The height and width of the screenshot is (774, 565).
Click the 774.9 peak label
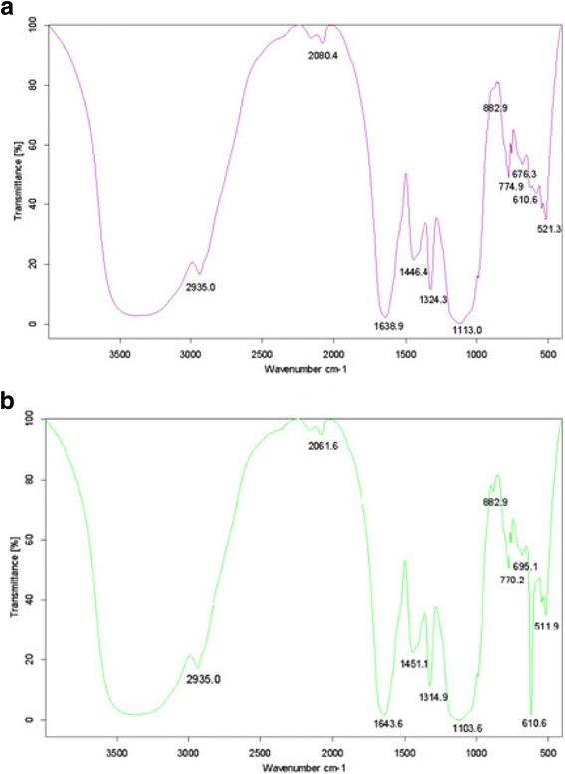click(x=511, y=186)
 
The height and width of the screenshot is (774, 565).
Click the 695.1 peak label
click(x=527, y=565)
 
